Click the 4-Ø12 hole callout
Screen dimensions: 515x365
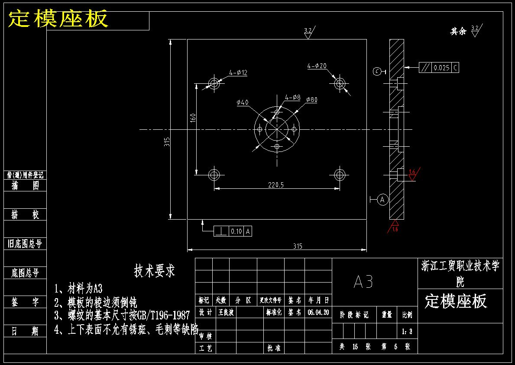[238, 72]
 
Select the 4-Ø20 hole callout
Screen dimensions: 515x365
[317, 66]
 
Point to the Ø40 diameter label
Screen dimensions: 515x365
[243, 102]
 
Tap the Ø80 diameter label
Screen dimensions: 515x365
[311, 100]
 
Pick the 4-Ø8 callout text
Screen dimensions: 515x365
[293, 97]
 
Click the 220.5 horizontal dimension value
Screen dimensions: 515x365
[276, 185]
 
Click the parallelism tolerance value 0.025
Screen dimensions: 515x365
[441, 68]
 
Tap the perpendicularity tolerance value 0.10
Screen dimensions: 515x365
[236, 231]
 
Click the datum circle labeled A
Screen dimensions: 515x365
[382, 199]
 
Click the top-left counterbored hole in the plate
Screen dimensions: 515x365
[214, 82]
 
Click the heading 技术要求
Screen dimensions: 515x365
[154, 271]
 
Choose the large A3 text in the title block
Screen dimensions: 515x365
[363, 282]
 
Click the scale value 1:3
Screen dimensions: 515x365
[407, 332]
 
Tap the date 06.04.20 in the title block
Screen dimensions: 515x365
[318, 312]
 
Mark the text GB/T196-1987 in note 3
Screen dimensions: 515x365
[163, 315]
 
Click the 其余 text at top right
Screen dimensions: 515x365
[458, 31]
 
